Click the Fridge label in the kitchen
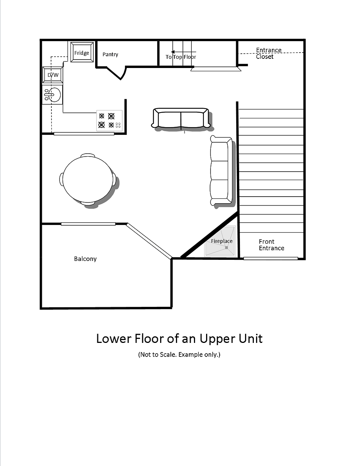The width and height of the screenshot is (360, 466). click(x=82, y=53)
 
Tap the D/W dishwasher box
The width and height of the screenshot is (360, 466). click(x=53, y=75)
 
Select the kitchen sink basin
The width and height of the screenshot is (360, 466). click(x=55, y=94)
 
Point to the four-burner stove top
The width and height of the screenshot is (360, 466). click(x=109, y=121)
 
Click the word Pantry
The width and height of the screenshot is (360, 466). click(x=110, y=54)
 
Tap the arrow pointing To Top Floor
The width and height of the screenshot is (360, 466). click(x=183, y=52)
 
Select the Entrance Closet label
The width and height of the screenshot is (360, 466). click(x=269, y=53)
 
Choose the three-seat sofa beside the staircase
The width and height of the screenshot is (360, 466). click(x=221, y=171)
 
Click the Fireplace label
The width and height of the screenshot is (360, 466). click(x=222, y=241)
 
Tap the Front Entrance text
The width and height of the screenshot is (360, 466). click(x=271, y=245)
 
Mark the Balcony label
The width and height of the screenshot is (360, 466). click(x=85, y=259)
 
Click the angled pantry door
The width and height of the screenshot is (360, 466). click(x=116, y=74)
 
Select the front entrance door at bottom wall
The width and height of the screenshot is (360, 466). click(x=271, y=258)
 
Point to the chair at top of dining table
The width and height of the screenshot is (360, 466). click(x=88, y=155)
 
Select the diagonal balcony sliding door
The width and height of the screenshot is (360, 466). click(x=149, y=241)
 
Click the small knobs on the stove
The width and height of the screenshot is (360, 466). click(x=118, y=125)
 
